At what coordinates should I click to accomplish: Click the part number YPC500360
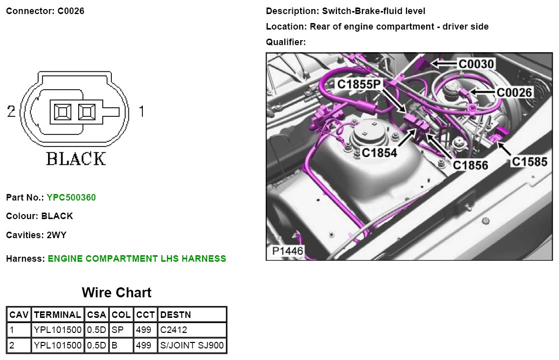pyautogui.click(x=71, y=198)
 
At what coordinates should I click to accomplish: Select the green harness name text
pyautogui.click(x=137, y=258)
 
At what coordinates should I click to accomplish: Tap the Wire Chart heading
pyautogui.click(x=117, y=293)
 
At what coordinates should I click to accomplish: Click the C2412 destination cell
pyautogui.click(x=192, y=330)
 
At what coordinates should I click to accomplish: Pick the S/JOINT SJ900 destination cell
pyautogui.click(x=192, y=345)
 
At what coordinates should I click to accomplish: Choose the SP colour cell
pyautogui.click(x=121, y=330)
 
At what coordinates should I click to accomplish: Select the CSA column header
pyautogui.click(x=97, y=315)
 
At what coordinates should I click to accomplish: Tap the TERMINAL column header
pyautogui.click(x=57, y=315)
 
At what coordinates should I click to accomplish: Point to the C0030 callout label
pyautogui.click(x=476, y=64)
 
